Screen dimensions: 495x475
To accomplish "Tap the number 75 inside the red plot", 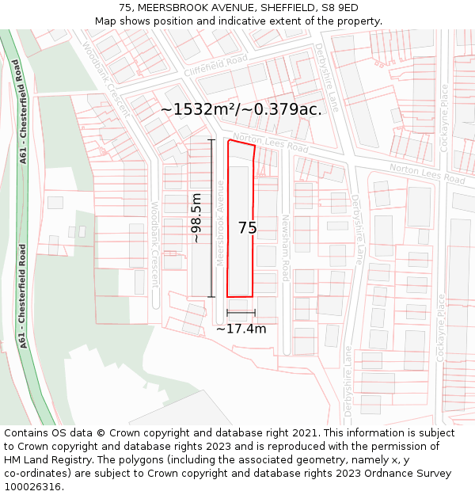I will coord(247,228).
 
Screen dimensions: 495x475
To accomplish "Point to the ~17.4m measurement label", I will coord(241,328).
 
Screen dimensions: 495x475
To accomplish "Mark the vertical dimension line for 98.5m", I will coord(211,218).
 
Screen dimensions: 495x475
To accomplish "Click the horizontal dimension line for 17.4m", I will coord(241,313).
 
